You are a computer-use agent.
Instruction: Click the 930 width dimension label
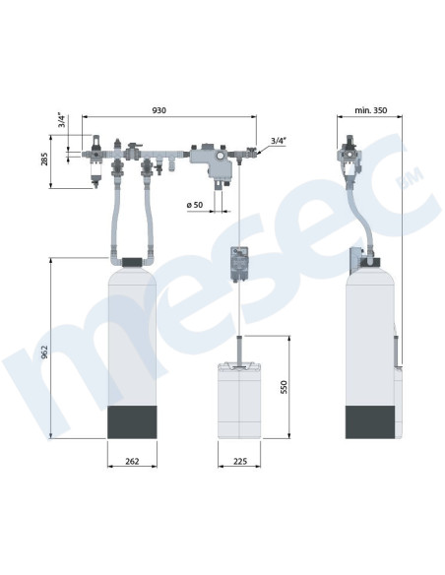pyautogui.click(x=159, y=110)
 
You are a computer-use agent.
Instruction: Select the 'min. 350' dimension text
pyautogui.click(x=370, y=110)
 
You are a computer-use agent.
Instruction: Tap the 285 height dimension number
pyautogui.click(x=44, y=160)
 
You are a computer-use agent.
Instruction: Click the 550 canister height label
pyautogui.click(x=285, y=387)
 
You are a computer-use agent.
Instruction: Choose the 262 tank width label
pyautogui.click(x=132, y=461)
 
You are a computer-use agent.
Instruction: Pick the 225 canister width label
pyautogui.click(x=239, y=461)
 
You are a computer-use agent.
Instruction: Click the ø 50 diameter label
pyautogui.click(x=195, y=205)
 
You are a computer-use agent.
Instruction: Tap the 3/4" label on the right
pyautogui.click(x=279, y=141)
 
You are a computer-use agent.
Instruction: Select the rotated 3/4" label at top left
pyautogui.click(x=62, y=121)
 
